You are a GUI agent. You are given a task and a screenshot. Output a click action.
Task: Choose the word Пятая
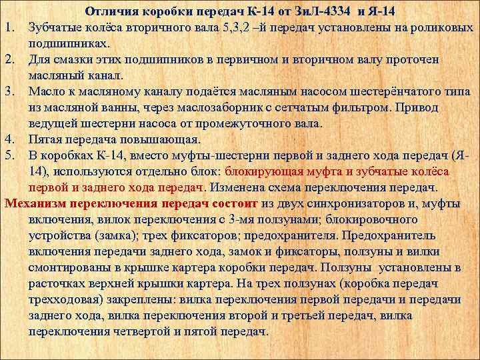click(x=49, y=139)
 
